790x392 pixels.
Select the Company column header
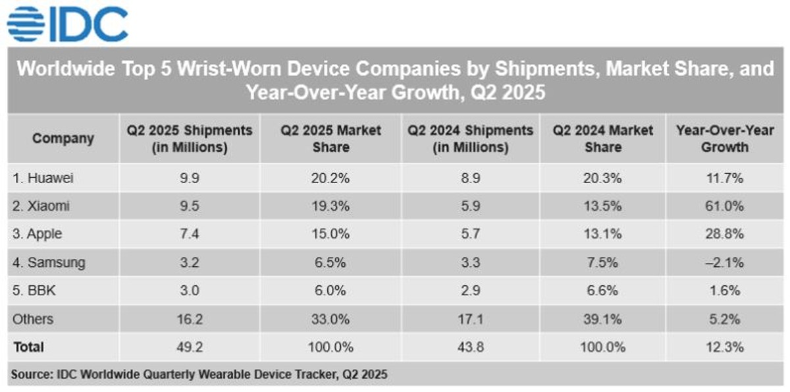(x=63, y=138)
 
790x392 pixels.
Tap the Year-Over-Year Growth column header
(x=724, y=138)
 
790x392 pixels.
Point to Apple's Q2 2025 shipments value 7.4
(x=190, y=235)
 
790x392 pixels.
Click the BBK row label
(x=34, y=291)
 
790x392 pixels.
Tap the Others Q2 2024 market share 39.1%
(x=602, y=319)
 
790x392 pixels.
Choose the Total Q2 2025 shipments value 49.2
(x=190, y=347)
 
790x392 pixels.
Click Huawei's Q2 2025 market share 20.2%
(x=330, y=178)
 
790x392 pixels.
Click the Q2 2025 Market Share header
(x=330, y=138)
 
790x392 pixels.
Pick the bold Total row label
(x=28, y=347)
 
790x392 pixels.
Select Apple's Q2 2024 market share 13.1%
(x=602, y=235)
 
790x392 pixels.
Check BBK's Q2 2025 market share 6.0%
(x=330, y=291)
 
